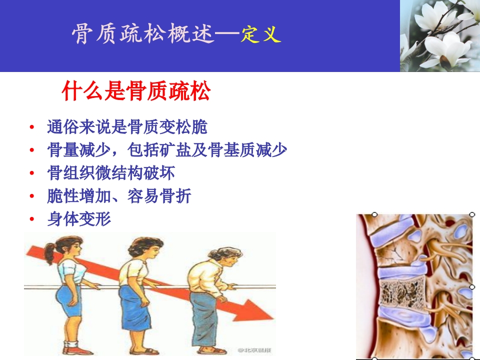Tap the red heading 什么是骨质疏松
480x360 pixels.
[x=135, y=91]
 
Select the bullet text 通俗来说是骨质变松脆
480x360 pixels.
[x=127, y=127]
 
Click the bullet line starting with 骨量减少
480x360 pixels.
[x=167, y=150]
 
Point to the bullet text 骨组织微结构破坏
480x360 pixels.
[x=111, y=173]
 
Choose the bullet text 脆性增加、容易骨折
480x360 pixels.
[x=119, y=196]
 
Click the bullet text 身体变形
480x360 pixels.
[x=79, y=219]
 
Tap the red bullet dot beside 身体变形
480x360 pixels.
[x=32, y=219]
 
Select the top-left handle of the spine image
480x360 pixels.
[x=374, y=214]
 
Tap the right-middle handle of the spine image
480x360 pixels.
[x=472, y=287]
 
